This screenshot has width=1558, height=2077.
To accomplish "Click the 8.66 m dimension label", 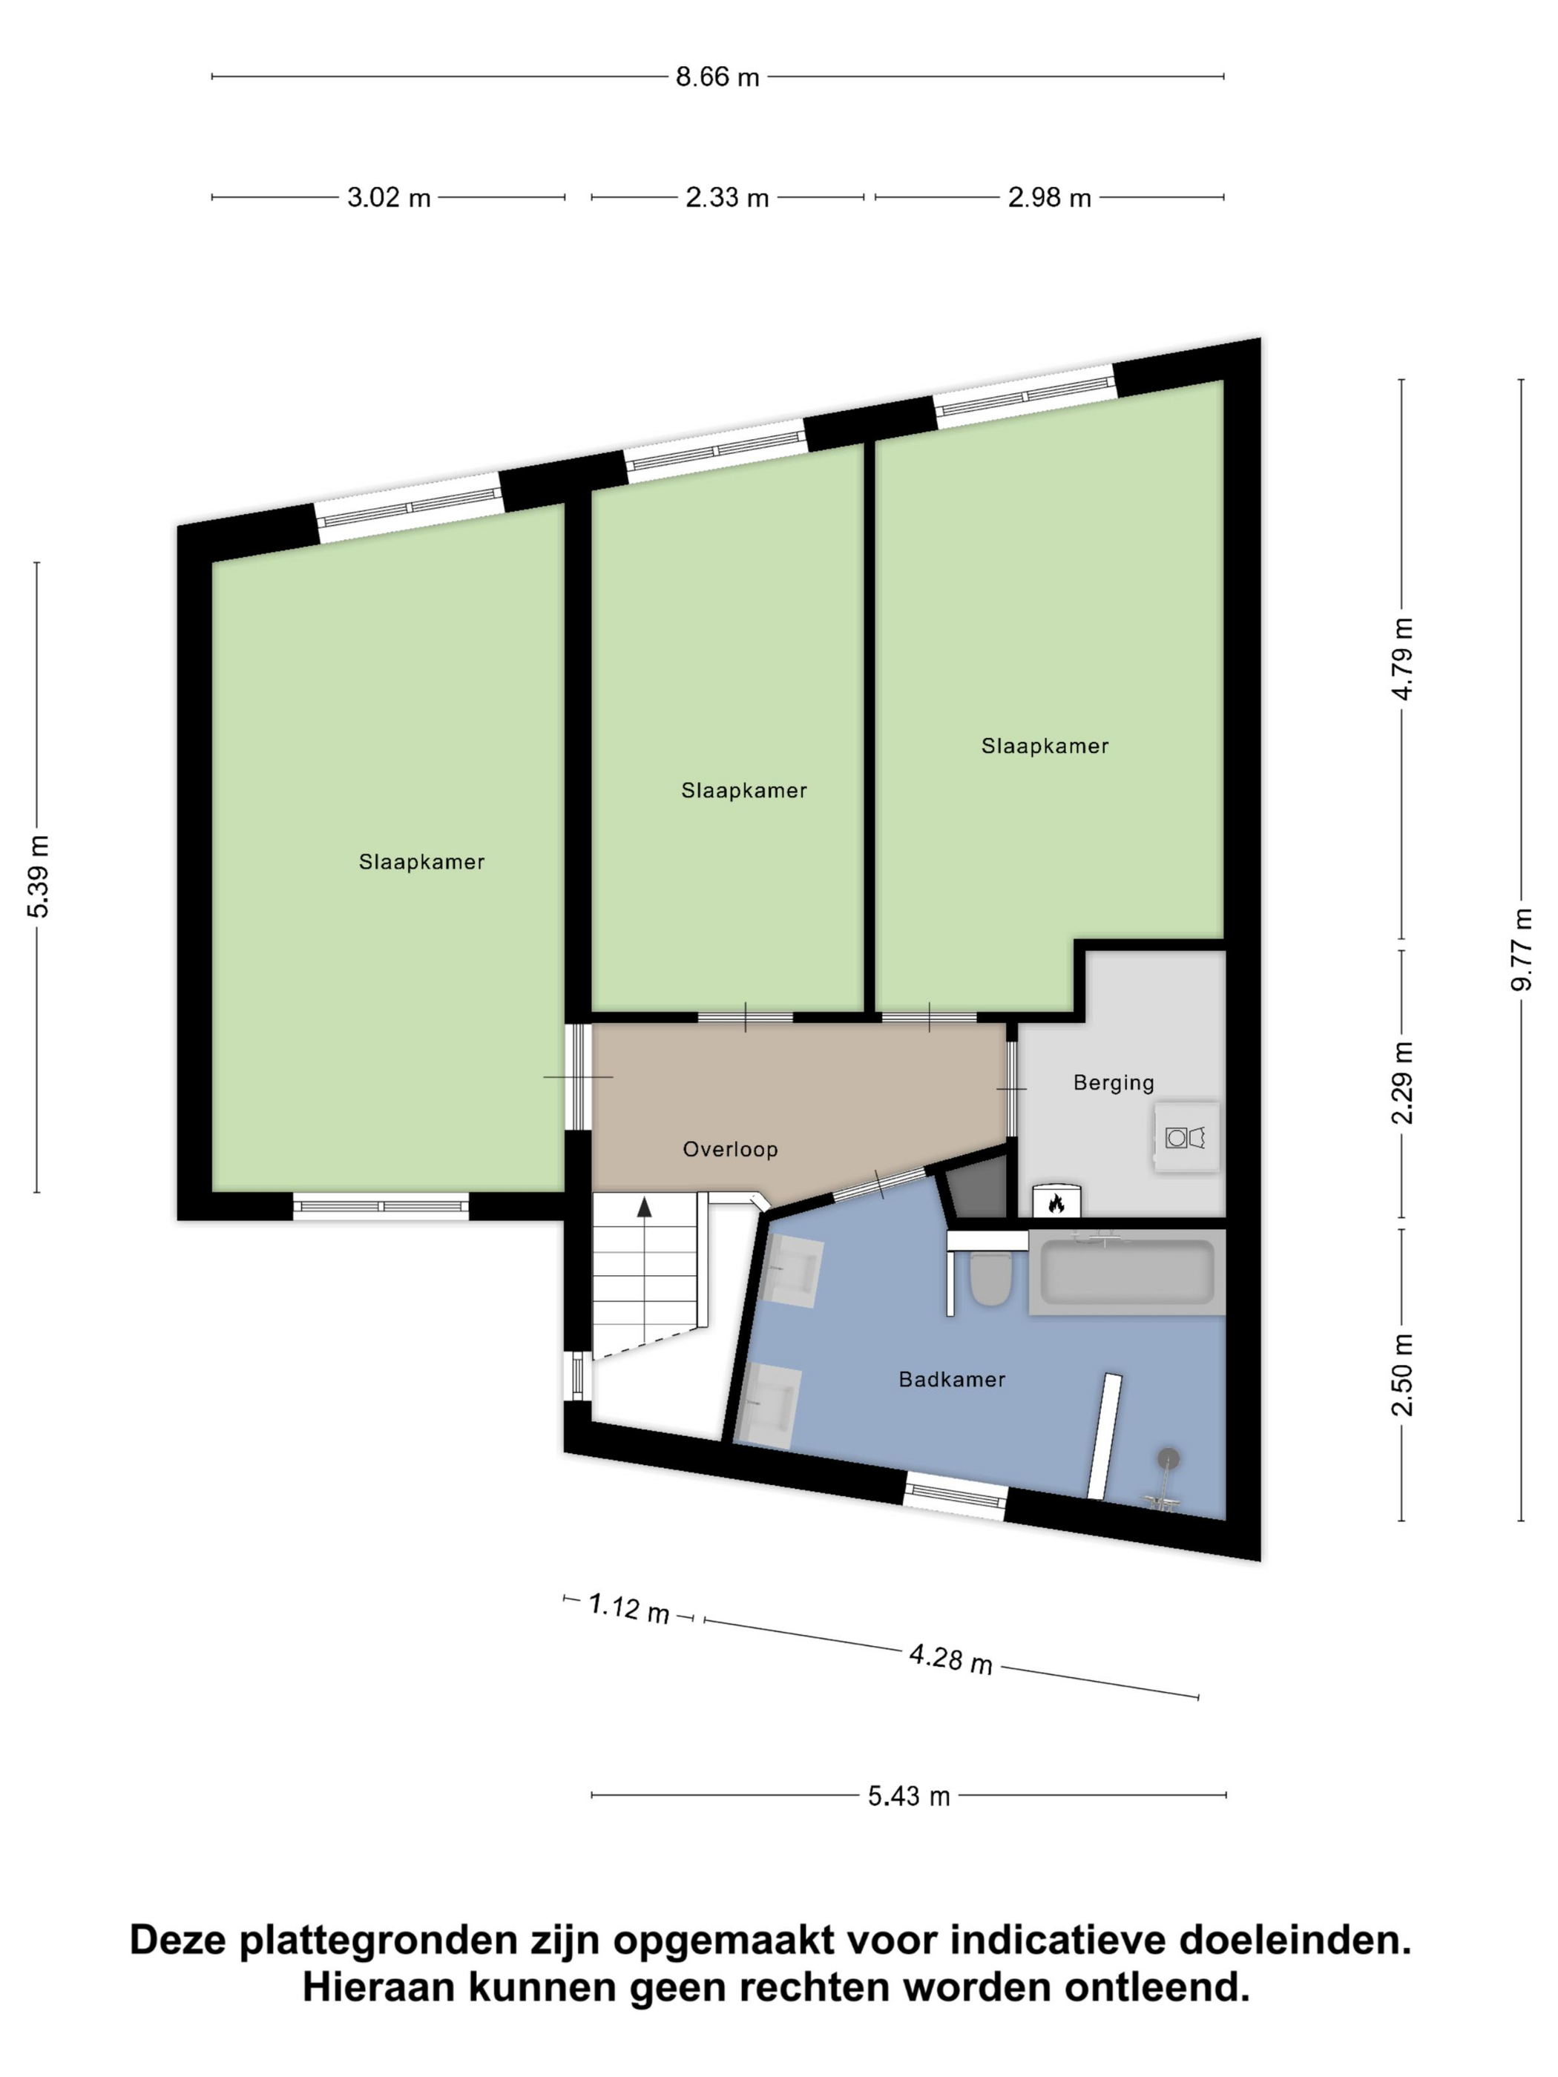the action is point(717,77).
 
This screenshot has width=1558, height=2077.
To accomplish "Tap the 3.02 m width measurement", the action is point(389,198).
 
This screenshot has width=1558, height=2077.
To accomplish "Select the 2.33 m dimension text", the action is point(727,198).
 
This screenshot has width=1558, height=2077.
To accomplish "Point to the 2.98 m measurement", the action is point(1049,198).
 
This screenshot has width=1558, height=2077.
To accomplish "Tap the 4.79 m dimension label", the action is point(1402,658).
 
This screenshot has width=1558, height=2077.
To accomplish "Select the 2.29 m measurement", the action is point(1402,1082).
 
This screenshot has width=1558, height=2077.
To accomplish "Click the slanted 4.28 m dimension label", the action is point(950,1658).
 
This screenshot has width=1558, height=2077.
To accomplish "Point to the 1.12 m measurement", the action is point(628,1607).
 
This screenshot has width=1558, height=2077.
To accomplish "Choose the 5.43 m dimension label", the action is point(908,1797).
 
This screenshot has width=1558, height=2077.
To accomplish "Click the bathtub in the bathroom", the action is point(1127,1273).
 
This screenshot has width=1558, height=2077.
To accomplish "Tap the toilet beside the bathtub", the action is point(990,1281).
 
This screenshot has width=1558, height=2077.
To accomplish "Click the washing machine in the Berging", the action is point(1186,1137).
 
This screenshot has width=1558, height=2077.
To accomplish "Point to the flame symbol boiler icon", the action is point(1056,1203).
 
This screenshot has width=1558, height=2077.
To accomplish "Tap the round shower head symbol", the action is point(1168,1458).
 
